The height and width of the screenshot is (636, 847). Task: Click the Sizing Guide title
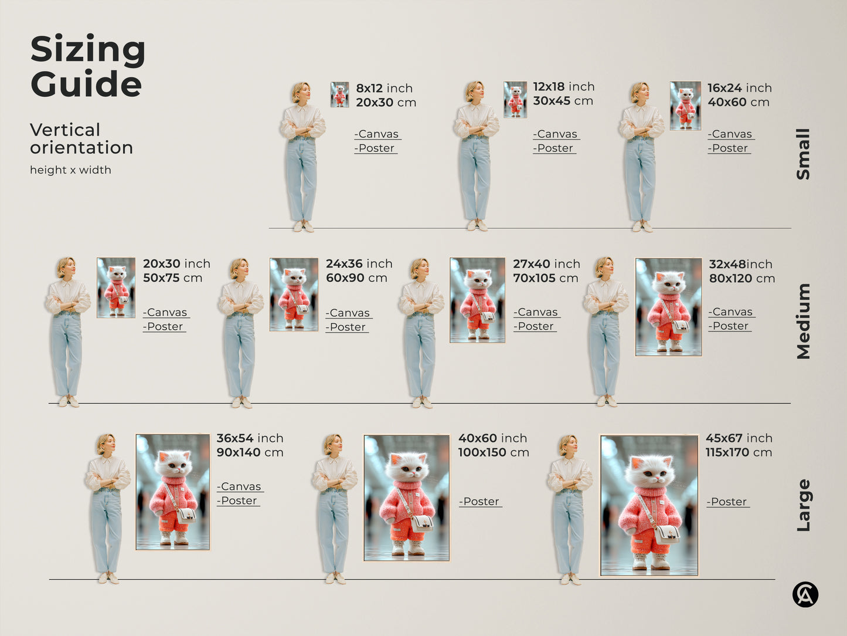87,66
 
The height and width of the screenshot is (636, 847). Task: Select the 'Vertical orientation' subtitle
81,138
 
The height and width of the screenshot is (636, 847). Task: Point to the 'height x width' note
70,170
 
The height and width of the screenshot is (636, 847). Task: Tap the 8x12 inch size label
384,88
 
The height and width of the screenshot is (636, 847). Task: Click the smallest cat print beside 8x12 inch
339,94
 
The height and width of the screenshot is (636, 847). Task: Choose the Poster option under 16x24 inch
729,148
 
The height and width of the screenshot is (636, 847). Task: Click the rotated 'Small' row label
803,154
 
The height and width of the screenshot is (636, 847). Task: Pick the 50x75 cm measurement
172,278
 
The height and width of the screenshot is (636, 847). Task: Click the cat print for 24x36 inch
294,295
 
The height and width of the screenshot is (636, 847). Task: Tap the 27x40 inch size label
546,264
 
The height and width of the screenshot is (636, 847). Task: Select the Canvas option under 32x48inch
731,312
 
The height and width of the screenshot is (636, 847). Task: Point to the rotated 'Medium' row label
803,321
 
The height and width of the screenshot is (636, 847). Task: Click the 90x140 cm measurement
250,452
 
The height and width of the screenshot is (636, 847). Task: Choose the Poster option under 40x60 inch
480,502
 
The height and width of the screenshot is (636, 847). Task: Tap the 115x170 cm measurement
739,452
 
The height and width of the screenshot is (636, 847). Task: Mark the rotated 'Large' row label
803,505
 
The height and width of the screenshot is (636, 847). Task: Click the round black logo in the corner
805,594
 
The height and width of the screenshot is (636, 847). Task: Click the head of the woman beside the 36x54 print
106,444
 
